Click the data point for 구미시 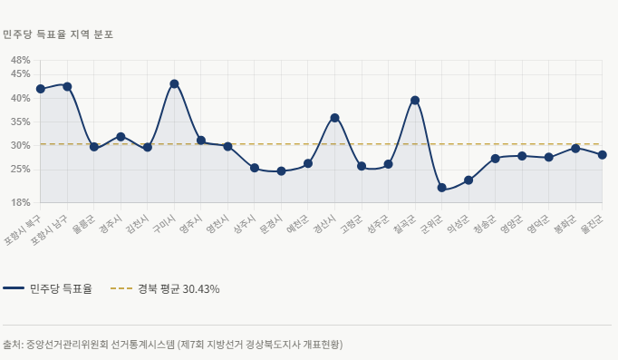174,84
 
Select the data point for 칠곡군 415,101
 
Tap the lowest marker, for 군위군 441,188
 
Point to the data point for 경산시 334,118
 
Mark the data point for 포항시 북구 41,89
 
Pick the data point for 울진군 602,155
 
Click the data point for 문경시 281,171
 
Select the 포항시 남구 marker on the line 67,87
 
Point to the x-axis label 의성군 457,225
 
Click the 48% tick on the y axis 21,61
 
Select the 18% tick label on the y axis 21,202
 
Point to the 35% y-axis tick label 21,122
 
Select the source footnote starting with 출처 172,345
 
